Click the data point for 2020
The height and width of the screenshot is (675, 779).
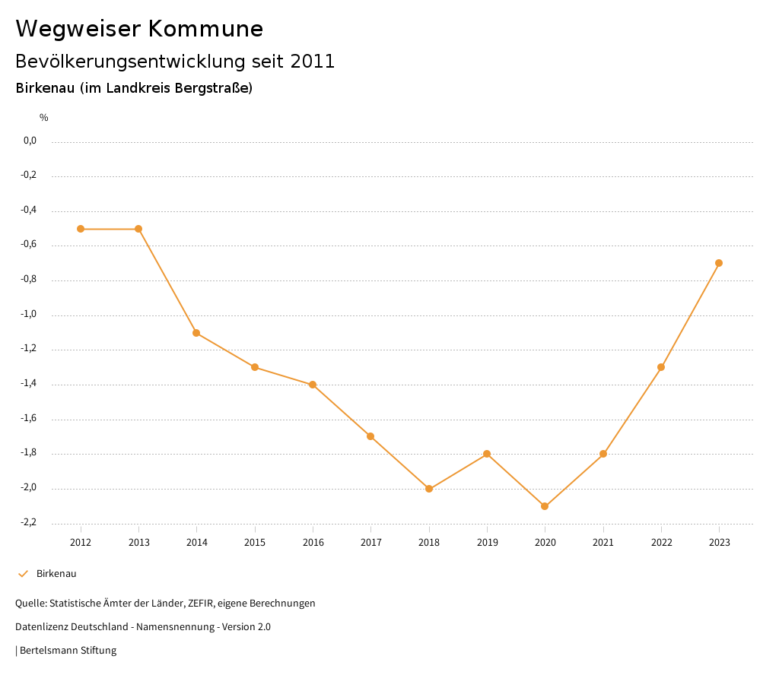coord(545,506)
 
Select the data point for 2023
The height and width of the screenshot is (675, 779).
coord(719,263)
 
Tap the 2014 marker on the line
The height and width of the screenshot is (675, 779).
coord(196,333)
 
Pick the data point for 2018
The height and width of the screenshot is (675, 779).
coord(429,489)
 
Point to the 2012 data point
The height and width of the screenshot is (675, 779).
coord(81,229)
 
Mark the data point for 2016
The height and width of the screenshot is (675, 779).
coord(313,385)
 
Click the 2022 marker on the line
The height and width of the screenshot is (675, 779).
coord(661,367)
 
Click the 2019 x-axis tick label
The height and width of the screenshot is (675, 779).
coord(487,543)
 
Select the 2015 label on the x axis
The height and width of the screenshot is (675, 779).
coord(255,543)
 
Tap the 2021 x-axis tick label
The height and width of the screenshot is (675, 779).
coord(603,543)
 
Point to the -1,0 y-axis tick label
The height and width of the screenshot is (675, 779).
coord(30,315)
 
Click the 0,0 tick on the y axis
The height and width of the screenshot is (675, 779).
coord(30,141)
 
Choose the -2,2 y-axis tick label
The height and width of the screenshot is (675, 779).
coord(30,523)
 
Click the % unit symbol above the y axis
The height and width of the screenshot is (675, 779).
coord(44,118)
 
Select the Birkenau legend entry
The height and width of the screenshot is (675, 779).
coord(56,574)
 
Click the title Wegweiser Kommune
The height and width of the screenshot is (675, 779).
coord(139,29)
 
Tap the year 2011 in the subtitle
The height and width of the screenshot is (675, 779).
coord(313,62)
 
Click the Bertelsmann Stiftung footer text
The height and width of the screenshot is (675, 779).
coord(68,651)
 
